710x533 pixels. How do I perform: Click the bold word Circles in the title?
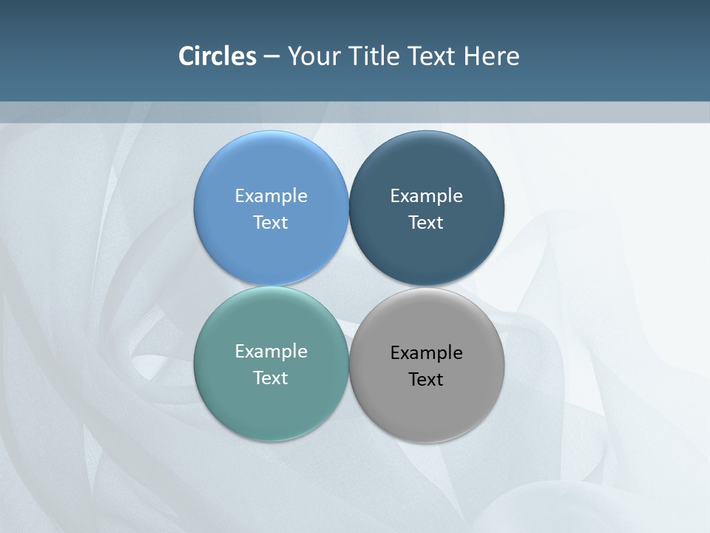[x=217, y=56]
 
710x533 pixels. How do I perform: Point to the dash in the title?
[x=271, y=57]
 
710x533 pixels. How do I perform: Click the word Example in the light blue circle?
[x=271, y=196]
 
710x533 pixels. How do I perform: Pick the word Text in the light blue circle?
[x=271, y=223]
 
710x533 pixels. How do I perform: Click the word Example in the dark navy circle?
[x=427, y=196]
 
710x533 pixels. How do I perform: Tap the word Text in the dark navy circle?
[x=427, y=223]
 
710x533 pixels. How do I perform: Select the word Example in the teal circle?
[x=271, y=352]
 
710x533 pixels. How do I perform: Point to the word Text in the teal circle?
[x=271, y=378]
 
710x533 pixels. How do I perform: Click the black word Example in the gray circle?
[x=427, y=353]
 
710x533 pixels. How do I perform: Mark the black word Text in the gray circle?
[x=427, y=380]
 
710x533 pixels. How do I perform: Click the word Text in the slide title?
[x=432, y=56]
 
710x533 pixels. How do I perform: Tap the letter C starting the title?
[x=186, y=56]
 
